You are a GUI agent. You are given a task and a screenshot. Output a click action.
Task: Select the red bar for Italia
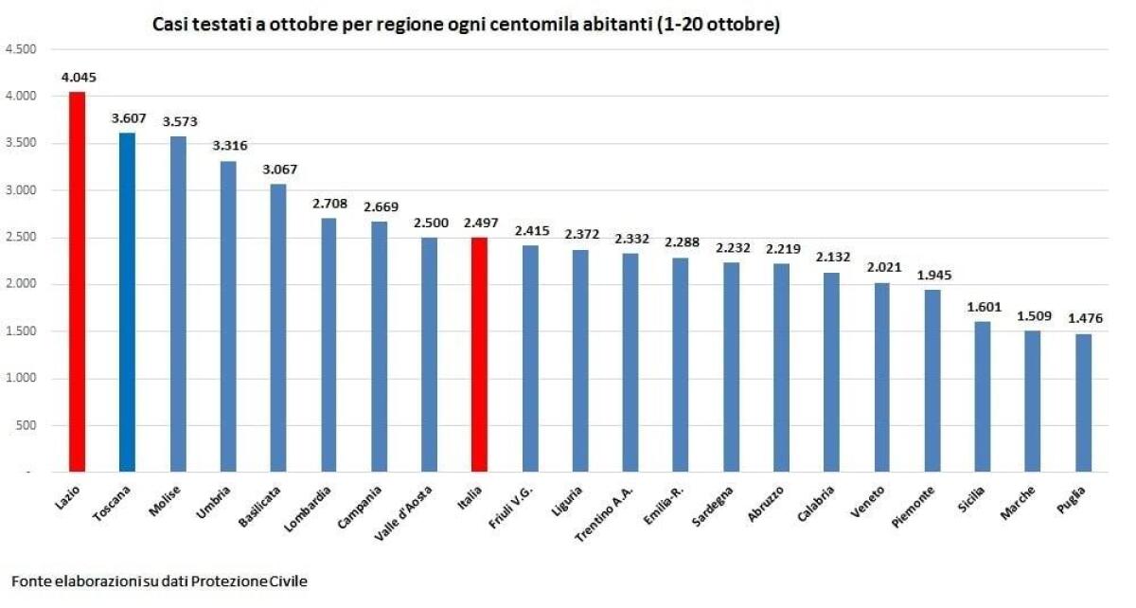(479, 354)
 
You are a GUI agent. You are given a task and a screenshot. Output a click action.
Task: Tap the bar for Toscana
(127, 302)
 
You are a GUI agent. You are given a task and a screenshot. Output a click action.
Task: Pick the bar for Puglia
(1083, 402)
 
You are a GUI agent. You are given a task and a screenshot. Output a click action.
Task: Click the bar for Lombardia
(328, 345)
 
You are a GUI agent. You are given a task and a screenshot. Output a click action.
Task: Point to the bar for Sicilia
(983, 397)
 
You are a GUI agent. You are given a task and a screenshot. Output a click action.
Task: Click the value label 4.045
(77, 78)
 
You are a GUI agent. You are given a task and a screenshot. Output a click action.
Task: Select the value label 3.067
(278, 170)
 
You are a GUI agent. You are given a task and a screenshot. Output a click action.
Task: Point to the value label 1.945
(932, 275)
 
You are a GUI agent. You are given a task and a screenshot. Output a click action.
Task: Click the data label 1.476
(1084, 319)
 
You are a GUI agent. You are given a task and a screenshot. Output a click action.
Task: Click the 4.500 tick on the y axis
(20, 49)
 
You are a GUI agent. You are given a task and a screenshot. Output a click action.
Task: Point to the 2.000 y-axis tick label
(20, 284)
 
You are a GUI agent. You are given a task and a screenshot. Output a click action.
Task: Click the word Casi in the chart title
(170, 26)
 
